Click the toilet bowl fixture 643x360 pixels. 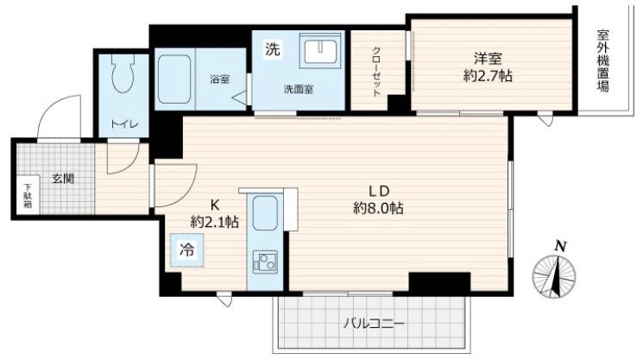[x=123, y=73]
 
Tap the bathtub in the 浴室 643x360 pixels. [x=174, y=79]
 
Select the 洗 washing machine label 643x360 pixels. [x=272, y=49]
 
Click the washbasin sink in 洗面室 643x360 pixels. [x=320, y=51]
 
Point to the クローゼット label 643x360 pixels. [x=376, y=71]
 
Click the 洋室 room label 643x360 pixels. [x=488, y=59]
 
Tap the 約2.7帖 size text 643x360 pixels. [x=488, y=76]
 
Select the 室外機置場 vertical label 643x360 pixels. [x=602, y=60]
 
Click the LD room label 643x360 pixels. [x=379, y=191]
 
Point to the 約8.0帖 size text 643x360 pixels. [x=379, y=208]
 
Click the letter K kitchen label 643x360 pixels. [x=214, y=205]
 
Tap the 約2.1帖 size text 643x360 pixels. [x=214, y=222]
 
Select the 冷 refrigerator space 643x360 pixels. [x=187, y=250]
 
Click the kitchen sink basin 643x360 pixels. [x=265, y=212]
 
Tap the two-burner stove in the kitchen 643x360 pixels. [x=265, y=262]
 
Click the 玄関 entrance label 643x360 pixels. [x=63, y=179]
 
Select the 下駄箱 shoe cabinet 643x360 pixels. [x=28, y=195]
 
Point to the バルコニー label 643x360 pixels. [x=374, y=324]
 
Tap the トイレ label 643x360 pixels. [x=124, y=124]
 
